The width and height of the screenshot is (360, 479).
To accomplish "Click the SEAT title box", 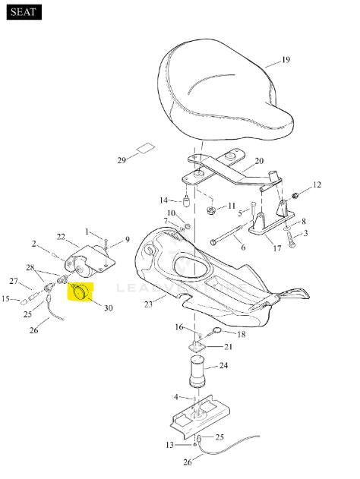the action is pyautogui.click(x=24, y=12).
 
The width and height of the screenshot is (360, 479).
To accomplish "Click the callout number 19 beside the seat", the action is pyautogui.click(x=286, y=59).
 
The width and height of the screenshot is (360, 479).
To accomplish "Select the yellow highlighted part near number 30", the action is pyautogui.click(x=80, y=292).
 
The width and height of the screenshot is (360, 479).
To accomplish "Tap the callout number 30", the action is pyautogui.click(x=108, y=308).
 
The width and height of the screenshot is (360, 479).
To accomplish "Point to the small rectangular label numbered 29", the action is pyautogui.click(x=146, y=149).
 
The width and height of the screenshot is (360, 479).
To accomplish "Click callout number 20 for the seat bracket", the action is pyautogui.click(x=259, y=161).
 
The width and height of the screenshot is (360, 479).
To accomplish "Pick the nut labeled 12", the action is pyautogui.click(x=295, y=195).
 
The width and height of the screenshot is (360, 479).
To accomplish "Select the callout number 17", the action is pyautogui.click(x=277, y=248).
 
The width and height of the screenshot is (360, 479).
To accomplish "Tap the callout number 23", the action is pyautogui.click(x=148, y=304).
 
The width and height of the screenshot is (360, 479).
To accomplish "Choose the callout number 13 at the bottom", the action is pyautogui.click(x=170, y=445).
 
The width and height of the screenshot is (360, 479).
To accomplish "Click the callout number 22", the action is pyautogui.click(x=61, y=236).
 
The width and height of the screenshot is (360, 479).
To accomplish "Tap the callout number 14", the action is pyautogui.click(x=164, y=200).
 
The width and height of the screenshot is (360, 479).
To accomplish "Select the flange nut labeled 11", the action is pyautogui.click(x=211, y=210).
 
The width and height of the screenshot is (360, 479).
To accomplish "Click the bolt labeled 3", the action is pyautogui.click(x=290, y=240).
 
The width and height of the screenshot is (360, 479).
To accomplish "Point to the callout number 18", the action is pyautogui.click(x=241, y=334).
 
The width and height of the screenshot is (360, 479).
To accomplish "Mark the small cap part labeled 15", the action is pyautogui.click(x=24, y=302).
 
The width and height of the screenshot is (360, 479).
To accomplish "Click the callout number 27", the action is pyautogui.click(x=14, y=281).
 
